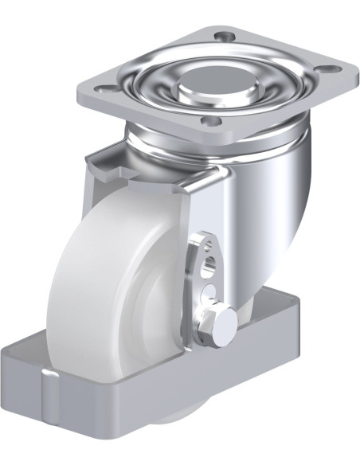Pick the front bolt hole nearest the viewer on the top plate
click(x=210, y=120)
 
